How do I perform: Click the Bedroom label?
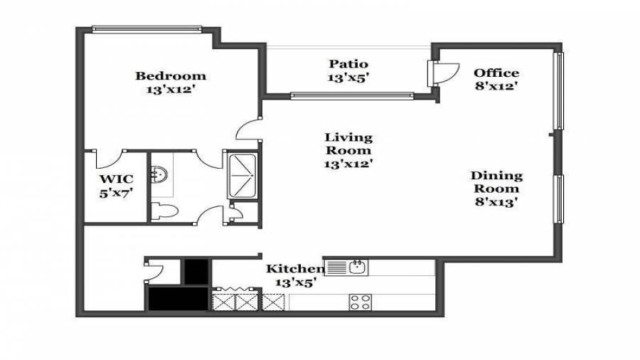click(x=171, y=76)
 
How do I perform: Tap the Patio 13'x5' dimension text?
click(x=348, y=77)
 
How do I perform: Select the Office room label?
click(x=496, y=73)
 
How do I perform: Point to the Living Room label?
click(x=348, y=144)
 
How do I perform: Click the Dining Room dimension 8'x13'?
click(x=496, y=201)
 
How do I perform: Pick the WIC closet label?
click(x=117, y=179)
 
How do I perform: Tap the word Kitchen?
click(x=295, y=268)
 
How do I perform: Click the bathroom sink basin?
click(x=159, y=175)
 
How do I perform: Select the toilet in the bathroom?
click(x=164, y=211)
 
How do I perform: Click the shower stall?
click(x=242, y=175)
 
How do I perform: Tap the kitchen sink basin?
click(x=357, y=268)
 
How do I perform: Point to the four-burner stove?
click(x=360, y=302)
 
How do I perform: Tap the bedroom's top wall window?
click(x=147, y=29)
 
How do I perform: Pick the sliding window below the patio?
click(x=352, y=96)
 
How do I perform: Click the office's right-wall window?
click(x=559, y=90)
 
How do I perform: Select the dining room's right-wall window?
click(x=559, y=198)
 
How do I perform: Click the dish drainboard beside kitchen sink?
click(x=336, y=268)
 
